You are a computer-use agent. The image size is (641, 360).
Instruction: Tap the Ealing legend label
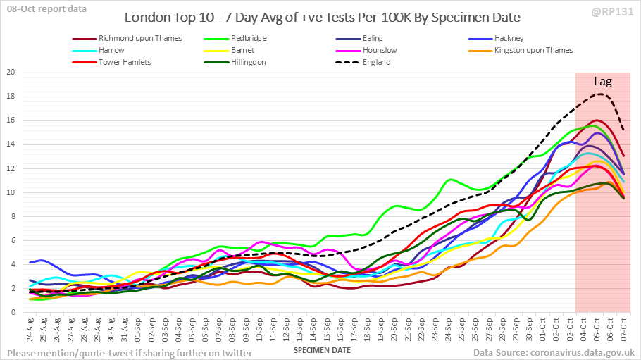pos(373,38)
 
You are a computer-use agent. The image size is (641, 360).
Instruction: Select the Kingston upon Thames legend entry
pos(533,50)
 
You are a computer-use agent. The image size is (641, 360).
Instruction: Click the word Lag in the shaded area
pos(602,81)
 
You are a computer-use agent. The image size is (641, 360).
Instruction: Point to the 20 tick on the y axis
pos(11,73)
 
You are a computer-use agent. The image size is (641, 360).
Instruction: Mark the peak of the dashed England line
pos(599,94)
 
